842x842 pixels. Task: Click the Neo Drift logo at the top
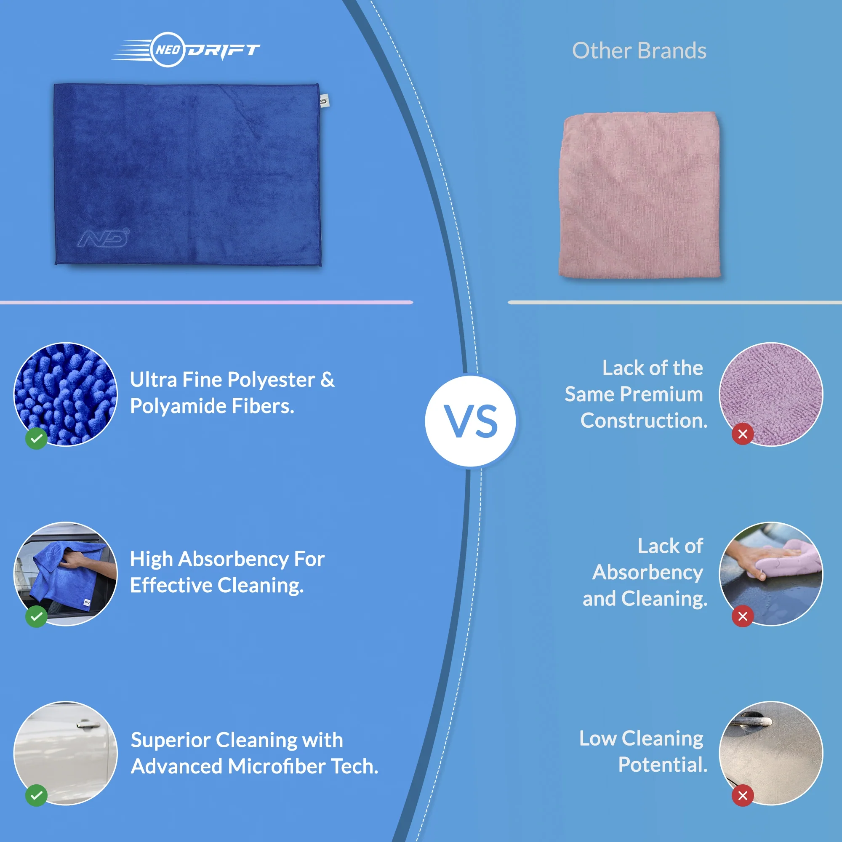coord(186,50)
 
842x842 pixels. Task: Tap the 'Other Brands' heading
coord(639,51)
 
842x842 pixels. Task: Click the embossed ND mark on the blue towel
coord(104,237)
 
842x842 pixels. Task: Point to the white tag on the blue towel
coord(324,101)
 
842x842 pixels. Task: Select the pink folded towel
coord(639,195)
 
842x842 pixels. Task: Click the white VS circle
coord(471,421)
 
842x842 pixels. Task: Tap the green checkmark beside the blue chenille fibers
coord(37,438)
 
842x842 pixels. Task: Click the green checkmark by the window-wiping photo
coord(37,616)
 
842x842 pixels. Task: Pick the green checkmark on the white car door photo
coord(37,795)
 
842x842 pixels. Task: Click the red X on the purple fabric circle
coord(743,434)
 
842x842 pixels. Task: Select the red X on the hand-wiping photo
coord(743,616)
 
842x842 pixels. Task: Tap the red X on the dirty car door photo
coord(743,795)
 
